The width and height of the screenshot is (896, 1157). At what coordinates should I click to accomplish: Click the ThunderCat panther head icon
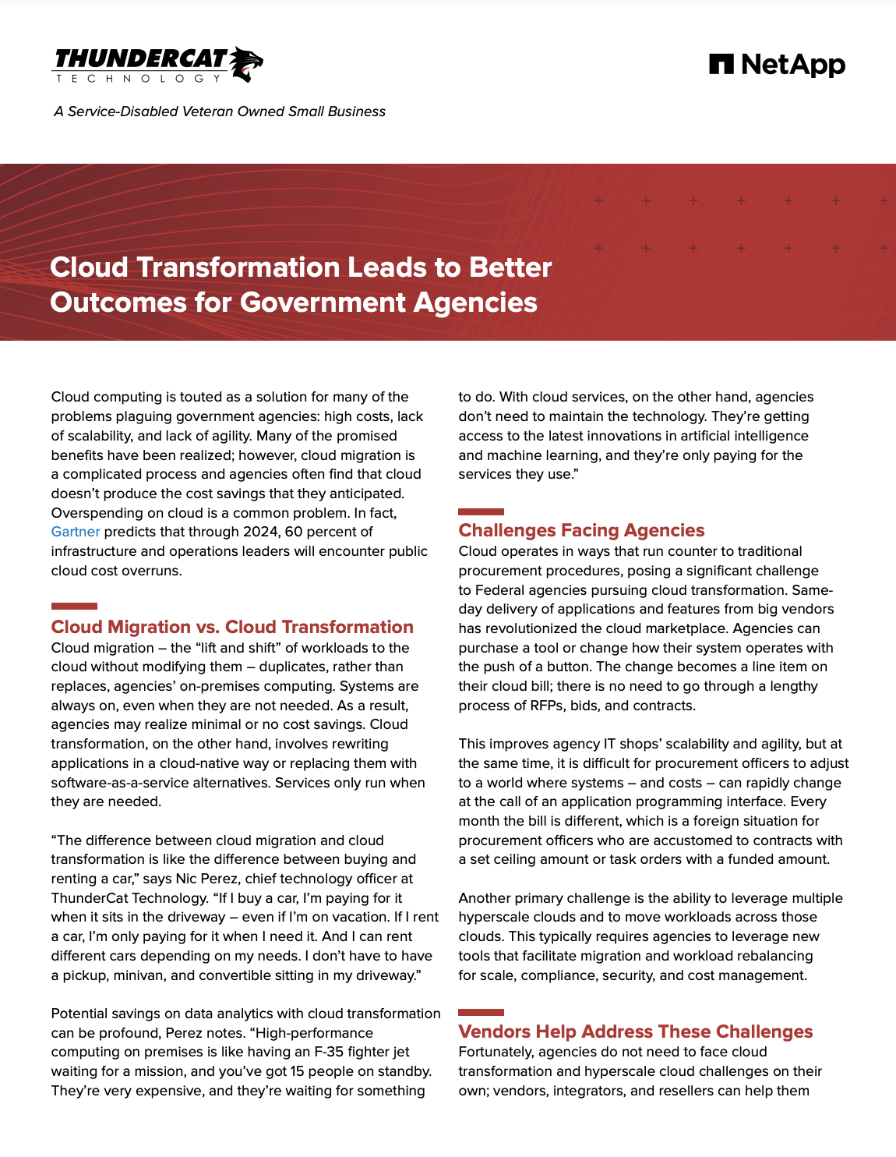[246, 63]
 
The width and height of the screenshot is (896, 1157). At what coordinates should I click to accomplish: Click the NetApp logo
[777, 65]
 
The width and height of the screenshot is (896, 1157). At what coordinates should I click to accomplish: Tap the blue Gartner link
[76, 532]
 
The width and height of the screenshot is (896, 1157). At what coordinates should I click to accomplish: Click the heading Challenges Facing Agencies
[581, 530]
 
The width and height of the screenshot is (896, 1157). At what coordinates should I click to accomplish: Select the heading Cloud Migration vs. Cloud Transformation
[232, 627]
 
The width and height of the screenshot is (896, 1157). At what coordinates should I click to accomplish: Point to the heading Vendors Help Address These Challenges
[635, 1031]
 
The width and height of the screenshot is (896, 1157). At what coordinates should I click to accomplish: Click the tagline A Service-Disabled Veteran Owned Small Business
[220, 111]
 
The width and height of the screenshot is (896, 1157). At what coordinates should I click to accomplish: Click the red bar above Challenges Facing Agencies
[481, 511]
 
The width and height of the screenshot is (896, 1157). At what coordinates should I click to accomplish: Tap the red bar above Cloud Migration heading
[74, 606]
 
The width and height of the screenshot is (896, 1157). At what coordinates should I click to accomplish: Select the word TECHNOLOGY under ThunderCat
[139, 79]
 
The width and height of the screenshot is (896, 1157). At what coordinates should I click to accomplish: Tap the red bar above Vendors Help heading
[481, 1012]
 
